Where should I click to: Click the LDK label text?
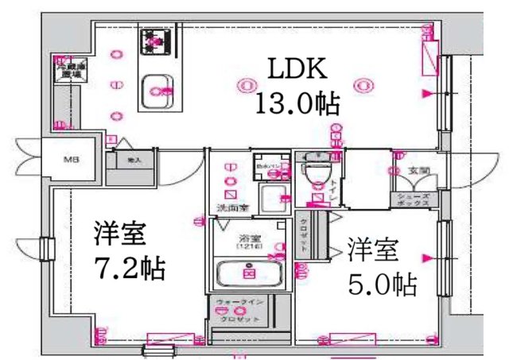click(295, 70)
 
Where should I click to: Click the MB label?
click(72, 160)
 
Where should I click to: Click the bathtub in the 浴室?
click(248, 275)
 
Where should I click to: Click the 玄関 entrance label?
click(419, 171)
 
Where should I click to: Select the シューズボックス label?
click(414, 199)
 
